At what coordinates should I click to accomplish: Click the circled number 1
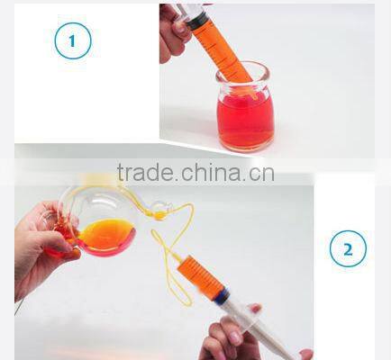click(x=73, y=41)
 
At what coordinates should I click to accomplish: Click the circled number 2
click(x=348, y=248)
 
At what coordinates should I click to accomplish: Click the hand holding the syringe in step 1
click(x=174, y=31)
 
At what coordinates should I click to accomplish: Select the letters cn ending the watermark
click(x=261, y=173)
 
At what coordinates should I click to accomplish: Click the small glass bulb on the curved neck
click(x=159, y=212)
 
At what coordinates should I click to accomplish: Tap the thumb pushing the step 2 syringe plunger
click(x=253, y=314)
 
